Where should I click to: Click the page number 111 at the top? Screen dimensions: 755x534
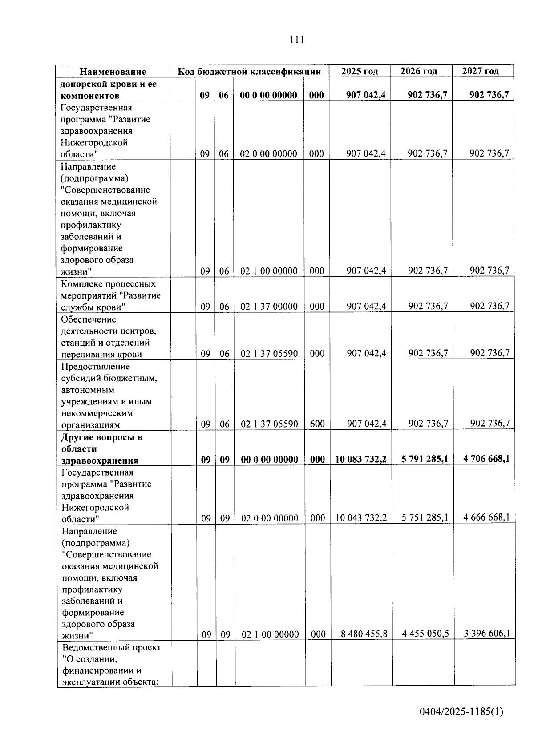296,40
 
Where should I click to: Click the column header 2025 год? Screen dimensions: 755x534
360,71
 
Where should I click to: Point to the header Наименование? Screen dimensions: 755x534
113,72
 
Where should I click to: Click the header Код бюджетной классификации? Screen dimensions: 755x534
249,72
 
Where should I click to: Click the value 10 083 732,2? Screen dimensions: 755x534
361,459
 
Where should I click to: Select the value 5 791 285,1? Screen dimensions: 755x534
425,459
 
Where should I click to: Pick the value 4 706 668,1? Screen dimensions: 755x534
486,459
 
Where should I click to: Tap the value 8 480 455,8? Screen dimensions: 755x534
364,634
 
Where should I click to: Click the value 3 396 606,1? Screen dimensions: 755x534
487,634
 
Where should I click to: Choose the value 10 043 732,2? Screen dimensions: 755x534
361,517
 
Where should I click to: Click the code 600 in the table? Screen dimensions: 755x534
317,424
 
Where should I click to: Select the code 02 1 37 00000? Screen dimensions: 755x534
269,307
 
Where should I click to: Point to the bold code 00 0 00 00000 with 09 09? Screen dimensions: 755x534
270,460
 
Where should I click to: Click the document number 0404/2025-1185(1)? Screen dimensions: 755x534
461,711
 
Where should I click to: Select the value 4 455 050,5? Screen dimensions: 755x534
425,634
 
